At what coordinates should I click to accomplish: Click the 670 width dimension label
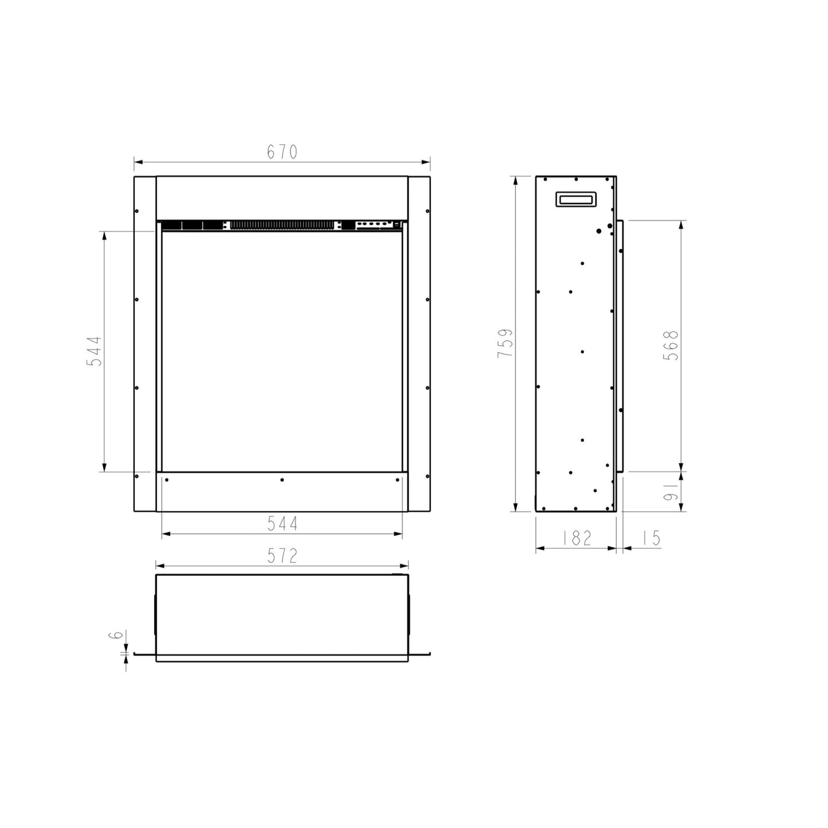(282, 152)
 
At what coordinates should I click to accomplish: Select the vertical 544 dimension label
(95, 351)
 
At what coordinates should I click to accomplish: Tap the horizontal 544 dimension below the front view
(282, 523)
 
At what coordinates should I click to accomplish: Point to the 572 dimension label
(282, 556)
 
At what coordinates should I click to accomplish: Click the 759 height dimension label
(505, 343)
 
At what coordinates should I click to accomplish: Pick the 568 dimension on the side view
(671, 346)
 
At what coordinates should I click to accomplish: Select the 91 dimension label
(671, 492)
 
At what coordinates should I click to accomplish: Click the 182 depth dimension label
(576, 537)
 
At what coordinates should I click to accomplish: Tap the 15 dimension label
(651, 537)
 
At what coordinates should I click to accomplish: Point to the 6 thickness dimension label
(117, 635)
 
